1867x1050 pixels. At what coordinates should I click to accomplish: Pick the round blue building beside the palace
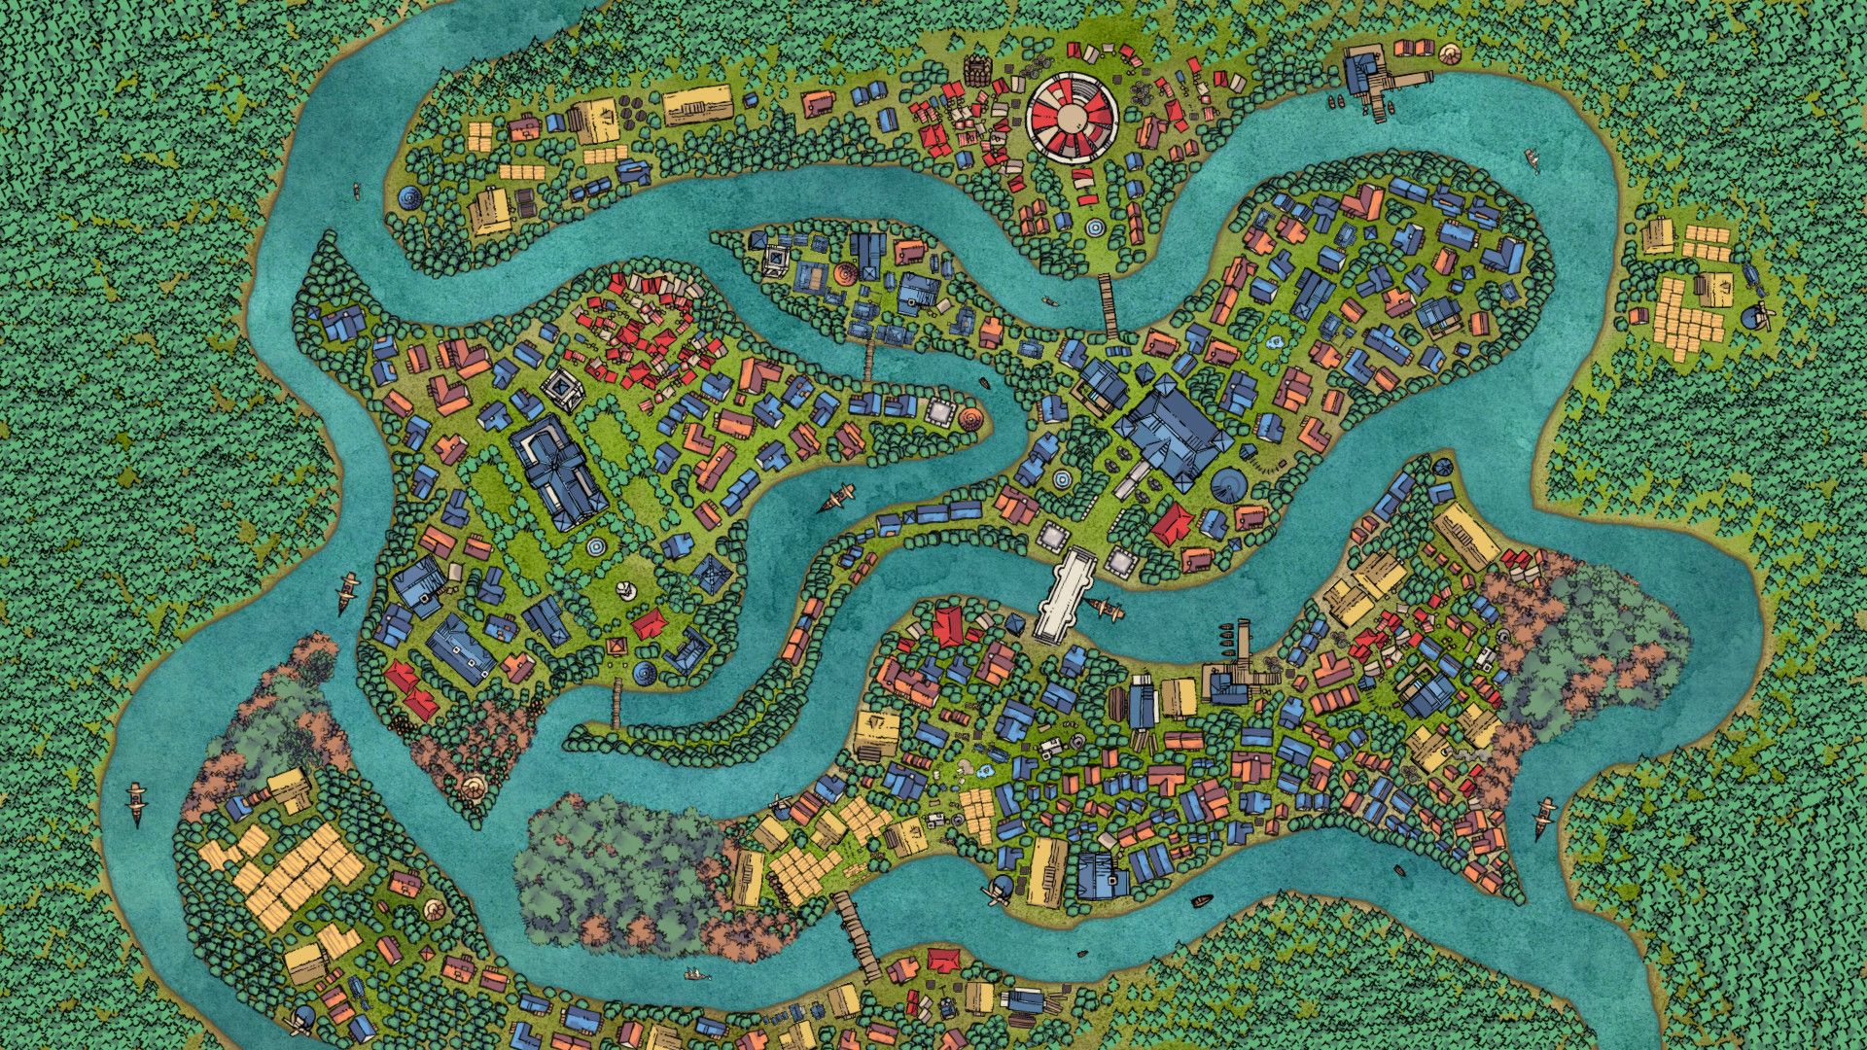(1228, 483)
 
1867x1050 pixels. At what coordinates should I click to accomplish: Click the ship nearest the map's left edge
(136, 803)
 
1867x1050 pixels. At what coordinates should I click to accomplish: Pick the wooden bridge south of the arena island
(1108, 305)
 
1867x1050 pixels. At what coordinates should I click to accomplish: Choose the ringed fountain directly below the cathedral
(594, 549)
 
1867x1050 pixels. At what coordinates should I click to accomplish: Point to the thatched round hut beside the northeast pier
(1449, 54)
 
